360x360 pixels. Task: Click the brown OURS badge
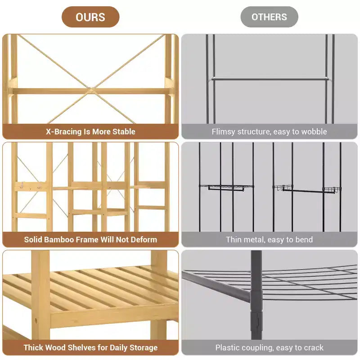(90, 17)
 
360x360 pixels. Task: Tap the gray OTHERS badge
(269, 17)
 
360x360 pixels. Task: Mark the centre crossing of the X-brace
(91, 90)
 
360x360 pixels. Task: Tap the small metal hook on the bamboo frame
(22, 185)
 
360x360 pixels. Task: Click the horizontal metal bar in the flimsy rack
(270, 79)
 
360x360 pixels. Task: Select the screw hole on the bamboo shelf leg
(36, 320)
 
